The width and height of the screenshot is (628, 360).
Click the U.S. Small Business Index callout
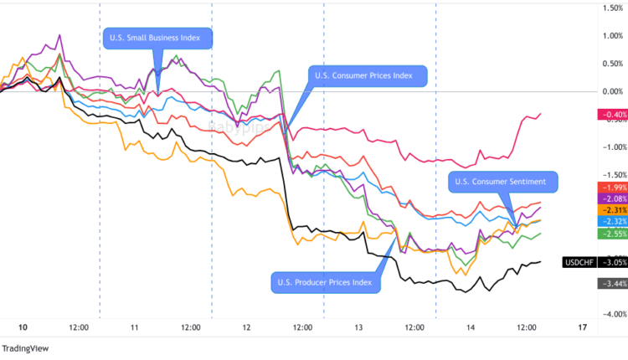[157, 39]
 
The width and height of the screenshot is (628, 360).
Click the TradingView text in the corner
[24, 349]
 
